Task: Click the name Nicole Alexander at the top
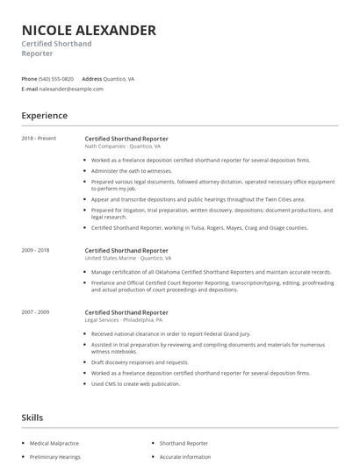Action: (89, 31)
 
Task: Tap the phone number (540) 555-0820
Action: (57, 79)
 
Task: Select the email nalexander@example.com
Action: (71, 89)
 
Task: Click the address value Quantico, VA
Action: (119, 79)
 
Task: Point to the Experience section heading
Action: (45, 116)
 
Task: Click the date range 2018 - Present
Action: (39, 139)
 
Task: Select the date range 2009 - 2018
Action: (36, 250)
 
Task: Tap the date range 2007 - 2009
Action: (36, 312)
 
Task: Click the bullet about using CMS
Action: (135, 383)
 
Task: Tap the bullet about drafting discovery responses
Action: (140, 361)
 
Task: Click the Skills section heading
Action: (32, 418)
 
